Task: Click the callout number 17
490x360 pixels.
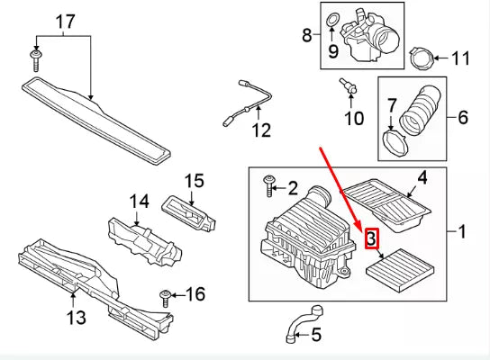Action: tap(66, 22)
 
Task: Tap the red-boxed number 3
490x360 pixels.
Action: tap(372, 238)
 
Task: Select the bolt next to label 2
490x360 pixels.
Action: tap(268, 186)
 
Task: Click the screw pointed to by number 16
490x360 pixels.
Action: tap(165, 299)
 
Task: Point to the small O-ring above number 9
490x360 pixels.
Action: tap(331, 21)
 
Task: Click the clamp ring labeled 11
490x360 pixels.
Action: tap(422, 58)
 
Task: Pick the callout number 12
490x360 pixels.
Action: tap(261, 130)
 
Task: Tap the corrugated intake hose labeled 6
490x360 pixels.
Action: tap(421, 109)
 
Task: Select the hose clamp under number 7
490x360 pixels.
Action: tap(395, 143)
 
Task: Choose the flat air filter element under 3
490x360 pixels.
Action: tap(400, 271)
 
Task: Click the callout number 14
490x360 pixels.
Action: tap(140, 202)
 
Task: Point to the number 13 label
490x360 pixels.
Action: tap(77, 318)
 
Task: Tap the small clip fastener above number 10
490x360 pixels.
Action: tap(348, 86)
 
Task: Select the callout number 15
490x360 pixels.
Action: tap(194, 181)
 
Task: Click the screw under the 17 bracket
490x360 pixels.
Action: tap(36, 60)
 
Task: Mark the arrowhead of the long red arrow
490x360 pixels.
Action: tap(358, 225)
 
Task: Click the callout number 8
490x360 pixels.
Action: tap(307, 35)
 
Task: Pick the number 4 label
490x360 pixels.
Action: tap(422, 178)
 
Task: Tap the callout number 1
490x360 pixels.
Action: tap(462, 231)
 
